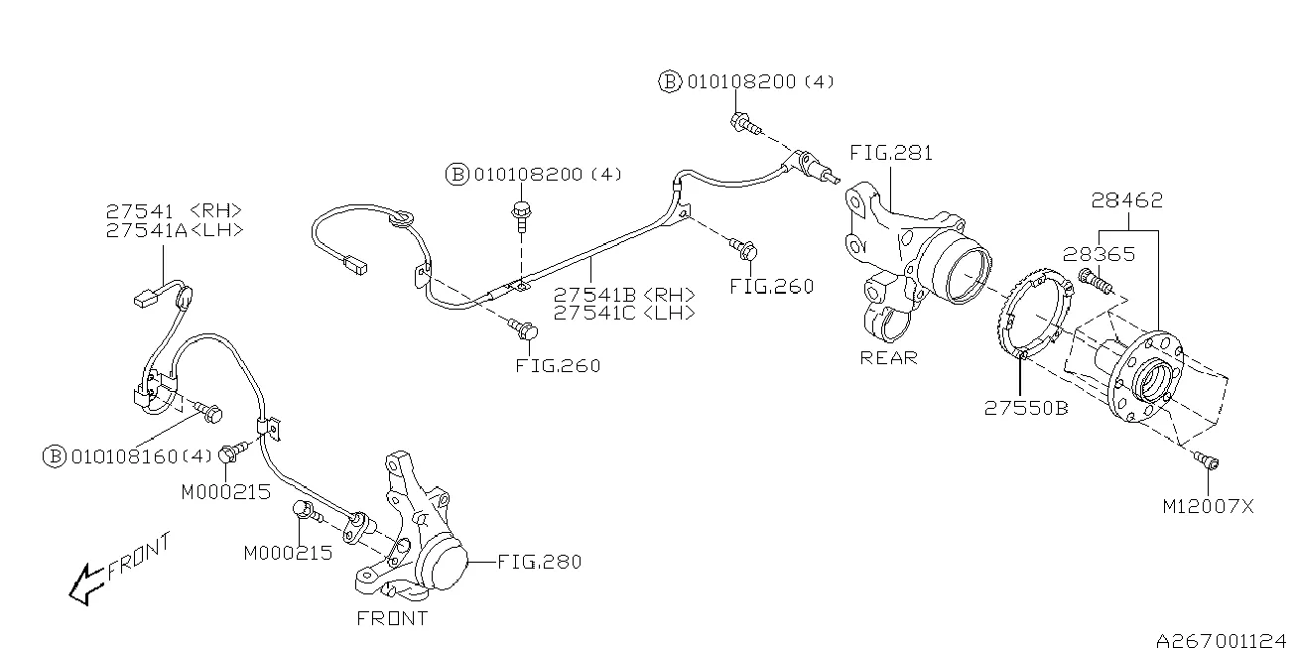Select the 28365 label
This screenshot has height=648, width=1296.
point(1099,255)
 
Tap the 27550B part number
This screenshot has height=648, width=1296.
point(1026,408)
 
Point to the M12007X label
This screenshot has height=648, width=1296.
point(1208,506)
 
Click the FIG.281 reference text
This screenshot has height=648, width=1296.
point(890,154)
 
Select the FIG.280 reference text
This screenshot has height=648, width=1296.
point(539,562)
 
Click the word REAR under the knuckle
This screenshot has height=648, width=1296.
point(888,358)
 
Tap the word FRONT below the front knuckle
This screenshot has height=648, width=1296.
point(392,618)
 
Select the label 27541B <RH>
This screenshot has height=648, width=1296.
point(623,296)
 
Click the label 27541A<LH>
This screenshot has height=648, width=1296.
point(174,230)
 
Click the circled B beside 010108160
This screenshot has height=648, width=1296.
point(55,456)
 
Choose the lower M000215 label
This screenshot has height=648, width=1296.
point(288,553)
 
